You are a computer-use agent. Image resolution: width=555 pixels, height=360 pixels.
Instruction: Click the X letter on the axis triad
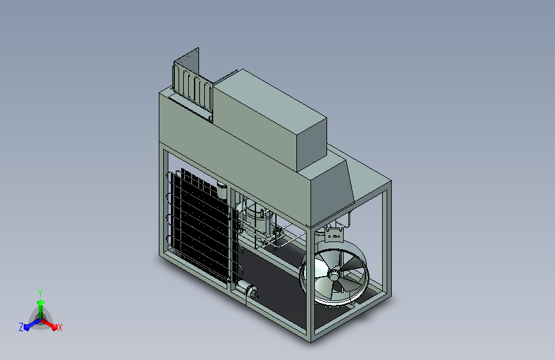pos(60,328)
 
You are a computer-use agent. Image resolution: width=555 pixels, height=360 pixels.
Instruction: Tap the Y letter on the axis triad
pos(40,293)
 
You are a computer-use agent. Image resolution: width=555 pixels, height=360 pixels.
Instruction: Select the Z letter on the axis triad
pos(21,327)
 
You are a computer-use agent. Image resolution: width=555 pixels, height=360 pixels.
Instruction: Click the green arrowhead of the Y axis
pos(41,303)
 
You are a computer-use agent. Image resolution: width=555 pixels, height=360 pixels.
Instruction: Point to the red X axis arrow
pos(49,323)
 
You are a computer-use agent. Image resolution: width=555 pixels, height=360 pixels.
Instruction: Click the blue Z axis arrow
pos(33,324)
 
